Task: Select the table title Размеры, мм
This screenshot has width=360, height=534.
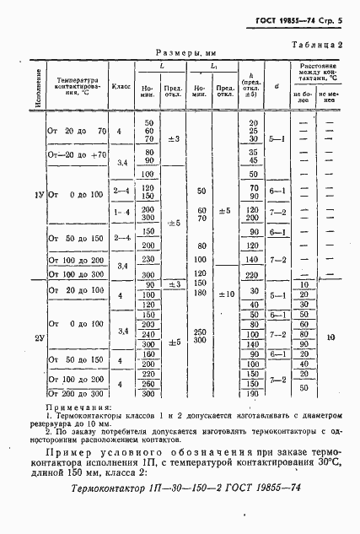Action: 180,52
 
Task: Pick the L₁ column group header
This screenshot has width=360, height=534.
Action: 214,65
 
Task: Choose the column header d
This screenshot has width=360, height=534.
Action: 277,85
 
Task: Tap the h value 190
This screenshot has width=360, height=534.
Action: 250,394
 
